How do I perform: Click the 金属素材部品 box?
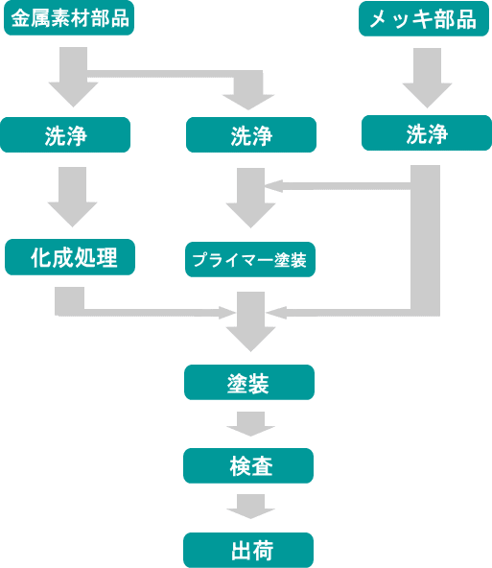pyautogui.click(x=69, y=17)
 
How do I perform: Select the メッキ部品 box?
pyautogui.click(x=424, y=19)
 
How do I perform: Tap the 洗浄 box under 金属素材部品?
pyautogui.click(x=65, y=134)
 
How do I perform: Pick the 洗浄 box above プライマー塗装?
pyautogui.click(x=251, y=134)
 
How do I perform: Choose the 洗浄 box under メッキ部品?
pyautogui.click(x=427, y=133)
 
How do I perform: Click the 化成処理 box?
pyautogui.click(x=70, y=257)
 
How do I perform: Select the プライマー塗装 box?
pyautogui.click(x=250, y=259)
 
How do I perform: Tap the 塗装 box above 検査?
pyautogui.click(x=249, y=382)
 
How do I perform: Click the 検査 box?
pyautogui.click(x=248, y=465)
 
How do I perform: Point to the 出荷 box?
pyautogui.click(x=248, y=550)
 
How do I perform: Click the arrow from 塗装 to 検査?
pyautogui.click(x=250, y=424)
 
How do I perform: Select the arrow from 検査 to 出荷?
pyautogui.click(x=250, y=507)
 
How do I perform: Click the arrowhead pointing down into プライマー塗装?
pyautogui.click(x=251, y=215)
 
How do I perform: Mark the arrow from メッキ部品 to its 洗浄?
pyautogui.click(x=427, y=78)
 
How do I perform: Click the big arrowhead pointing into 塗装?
pyautogui.click(x=251, y=339)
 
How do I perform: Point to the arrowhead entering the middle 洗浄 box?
pyautogui.click(x=248, y=102)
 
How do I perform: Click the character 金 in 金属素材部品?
pyautogui.click(x=20, y=18)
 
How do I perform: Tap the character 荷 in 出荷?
pyautogui.click(x=263, y=551)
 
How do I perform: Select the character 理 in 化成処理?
pyautogui.click(x=107, y=257)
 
